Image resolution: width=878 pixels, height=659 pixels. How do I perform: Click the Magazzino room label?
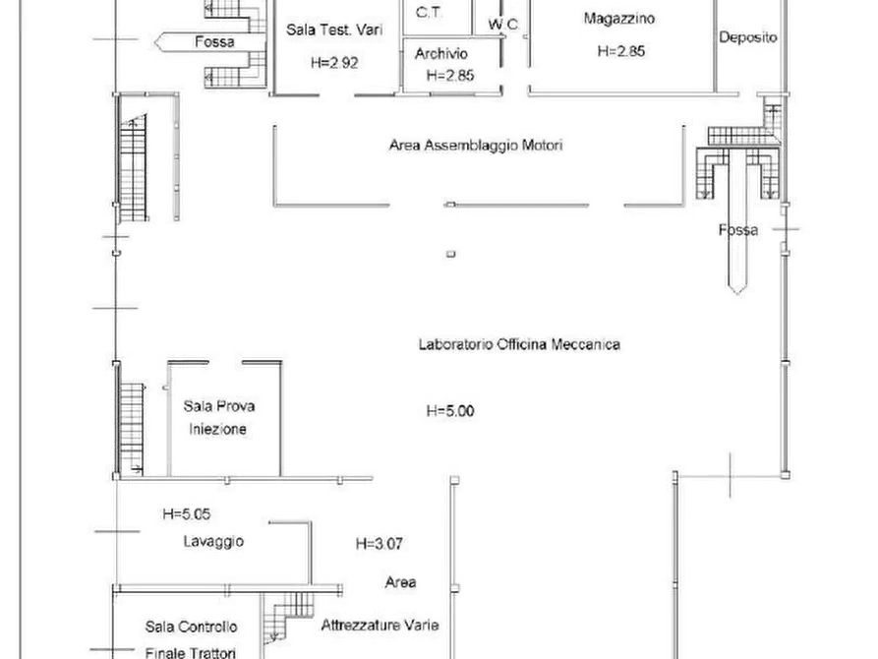pos(619,19)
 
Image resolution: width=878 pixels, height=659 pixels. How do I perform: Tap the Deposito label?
pos(747,38)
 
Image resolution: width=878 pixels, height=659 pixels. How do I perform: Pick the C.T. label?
pos(428,13)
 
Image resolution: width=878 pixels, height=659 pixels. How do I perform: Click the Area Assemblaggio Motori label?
pos(476,146)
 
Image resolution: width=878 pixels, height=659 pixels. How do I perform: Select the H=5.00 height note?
pos(450,411)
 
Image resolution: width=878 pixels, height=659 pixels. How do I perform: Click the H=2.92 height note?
pos(333,62)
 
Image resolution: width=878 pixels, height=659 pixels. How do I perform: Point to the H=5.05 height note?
pos(187,512)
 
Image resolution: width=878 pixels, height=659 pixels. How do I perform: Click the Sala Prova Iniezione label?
pos(213,417)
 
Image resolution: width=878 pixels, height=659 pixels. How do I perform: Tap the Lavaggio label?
pos(213,541)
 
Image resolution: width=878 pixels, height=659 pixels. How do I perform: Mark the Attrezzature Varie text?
pos(380,626)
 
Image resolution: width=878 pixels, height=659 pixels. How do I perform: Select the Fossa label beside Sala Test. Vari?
pos(213,42)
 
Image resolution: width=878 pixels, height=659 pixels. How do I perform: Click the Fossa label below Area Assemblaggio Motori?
pos(738,230)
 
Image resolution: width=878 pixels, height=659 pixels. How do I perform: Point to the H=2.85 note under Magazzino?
pos(620,52)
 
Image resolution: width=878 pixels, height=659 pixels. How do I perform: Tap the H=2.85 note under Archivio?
pos(450,75)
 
